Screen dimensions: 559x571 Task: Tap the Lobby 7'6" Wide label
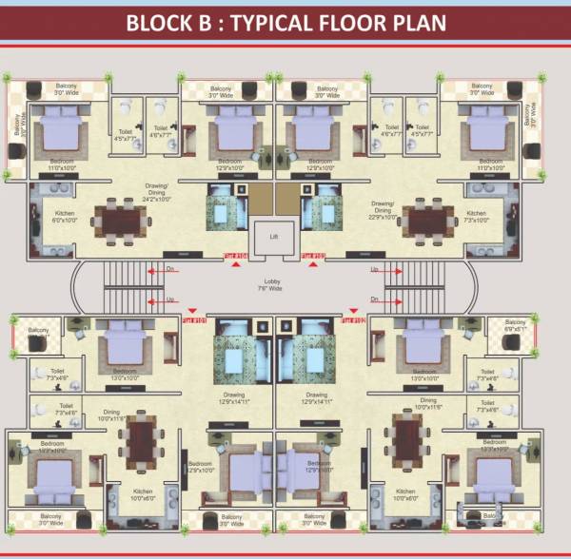point(274,285)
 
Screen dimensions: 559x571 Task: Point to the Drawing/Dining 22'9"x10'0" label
point(383,207)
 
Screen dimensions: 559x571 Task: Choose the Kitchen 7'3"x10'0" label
point(479,216)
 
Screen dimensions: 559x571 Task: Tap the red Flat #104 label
point(235,256)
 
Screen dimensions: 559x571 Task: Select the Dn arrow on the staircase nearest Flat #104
point(169,269)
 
